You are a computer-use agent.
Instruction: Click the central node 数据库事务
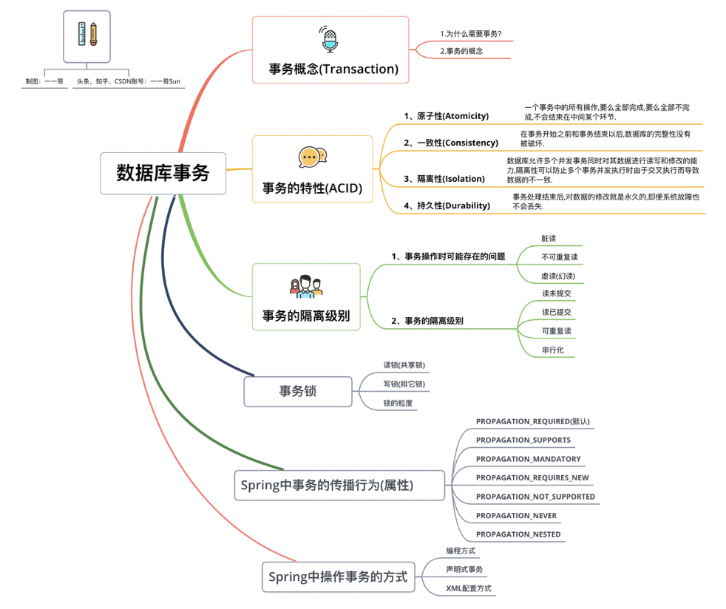[163, 173]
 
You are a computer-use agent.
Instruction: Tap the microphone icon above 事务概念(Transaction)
[329, 39]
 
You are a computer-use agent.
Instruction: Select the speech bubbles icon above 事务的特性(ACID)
[312, 157]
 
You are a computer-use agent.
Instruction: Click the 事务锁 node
[297, 391]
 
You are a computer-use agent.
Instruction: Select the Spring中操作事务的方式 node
[338, 576]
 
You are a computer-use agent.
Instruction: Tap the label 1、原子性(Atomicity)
[446, 116]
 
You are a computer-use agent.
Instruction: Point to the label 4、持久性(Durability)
[447, 205]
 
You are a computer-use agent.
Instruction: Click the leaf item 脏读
[549, 239]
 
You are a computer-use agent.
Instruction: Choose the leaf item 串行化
[553, 350]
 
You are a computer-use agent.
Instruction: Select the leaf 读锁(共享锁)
[404, 365]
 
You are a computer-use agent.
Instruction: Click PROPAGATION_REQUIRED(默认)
[532, 421]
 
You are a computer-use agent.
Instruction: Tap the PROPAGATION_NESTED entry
[518, 534]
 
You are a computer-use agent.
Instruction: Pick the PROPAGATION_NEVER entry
[516, 516]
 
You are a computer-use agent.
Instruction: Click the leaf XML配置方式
[468, 588]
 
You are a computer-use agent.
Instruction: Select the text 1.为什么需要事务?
[471, 33]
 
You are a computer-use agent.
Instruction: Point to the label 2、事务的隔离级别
[427, 321]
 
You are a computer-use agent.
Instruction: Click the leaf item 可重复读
[556, 331]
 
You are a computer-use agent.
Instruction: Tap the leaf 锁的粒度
[398, 403]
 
